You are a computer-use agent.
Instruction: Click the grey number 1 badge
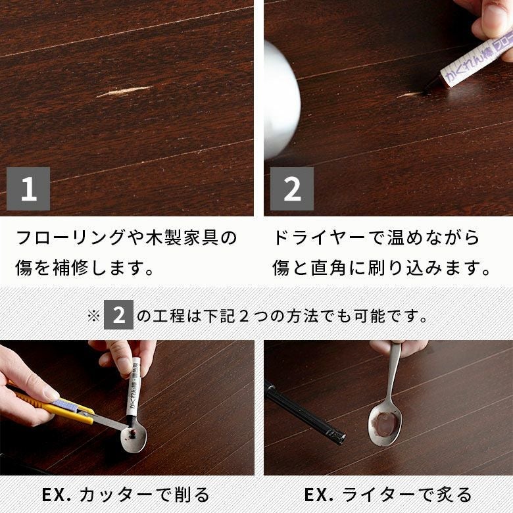click(x=28, y=189)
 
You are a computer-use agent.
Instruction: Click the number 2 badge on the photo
click(x=292, y=189)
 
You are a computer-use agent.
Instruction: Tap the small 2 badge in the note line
click(x=118, y=315)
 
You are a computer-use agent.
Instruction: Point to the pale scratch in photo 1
click(x=124, y=91)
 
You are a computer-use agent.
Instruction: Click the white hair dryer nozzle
click(x=281, y=100)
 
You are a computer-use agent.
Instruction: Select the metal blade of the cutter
click(x=108, y=423)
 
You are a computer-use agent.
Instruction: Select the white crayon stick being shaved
click(x=134, y=389)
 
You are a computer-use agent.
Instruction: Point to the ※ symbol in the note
click(x=93, y=316)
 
